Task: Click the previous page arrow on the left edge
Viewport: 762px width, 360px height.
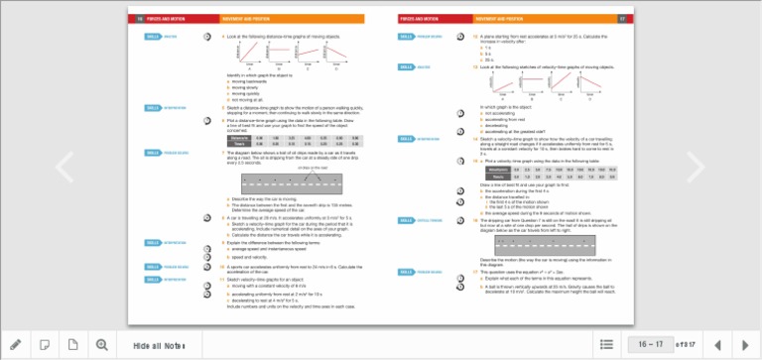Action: coord(63,167)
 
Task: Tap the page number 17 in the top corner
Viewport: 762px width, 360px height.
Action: coord(622,18)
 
